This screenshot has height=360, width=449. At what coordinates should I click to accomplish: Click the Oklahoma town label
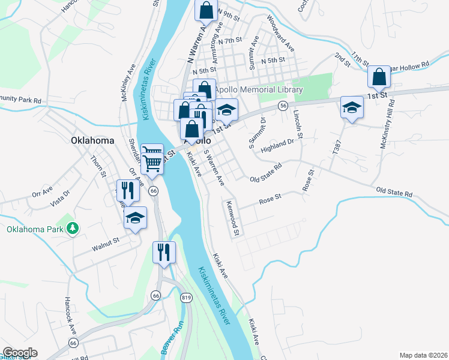92,140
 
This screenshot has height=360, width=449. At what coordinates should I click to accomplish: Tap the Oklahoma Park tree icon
72,229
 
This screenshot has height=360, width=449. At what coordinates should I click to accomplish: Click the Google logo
19,353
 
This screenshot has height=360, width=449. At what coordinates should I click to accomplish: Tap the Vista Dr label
60,197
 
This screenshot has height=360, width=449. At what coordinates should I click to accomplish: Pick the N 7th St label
230,41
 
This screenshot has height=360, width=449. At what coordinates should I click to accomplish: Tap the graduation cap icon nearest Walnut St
136,218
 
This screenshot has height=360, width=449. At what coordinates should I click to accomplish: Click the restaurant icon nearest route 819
163,252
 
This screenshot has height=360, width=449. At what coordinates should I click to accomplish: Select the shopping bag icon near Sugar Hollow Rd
379,77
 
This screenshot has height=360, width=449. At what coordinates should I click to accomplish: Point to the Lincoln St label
297,122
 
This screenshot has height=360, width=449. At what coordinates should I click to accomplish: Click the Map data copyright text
424,355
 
